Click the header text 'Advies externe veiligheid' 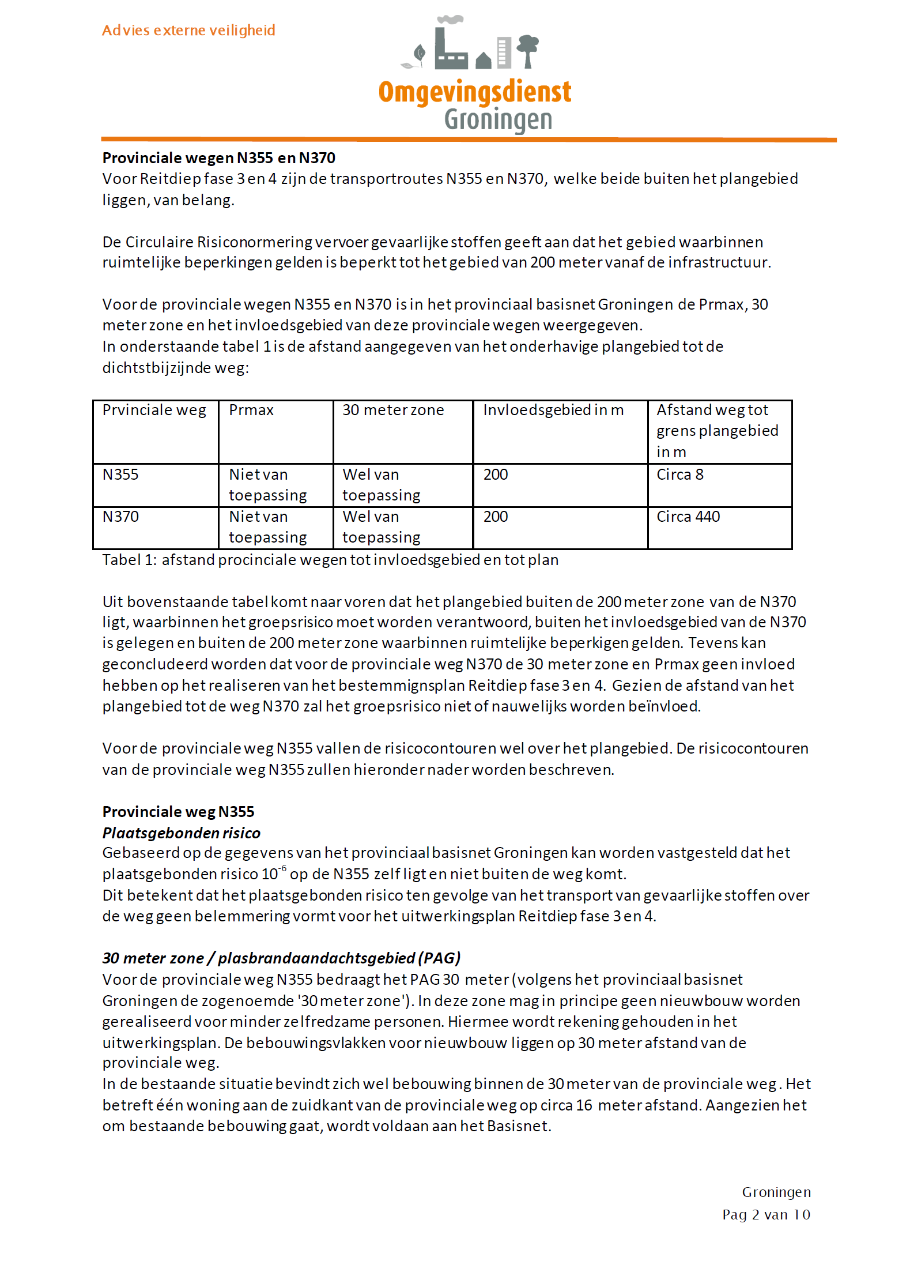[x=188, y=30]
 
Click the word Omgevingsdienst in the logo [x=474, y=92]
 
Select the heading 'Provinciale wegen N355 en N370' [x=218, y=158]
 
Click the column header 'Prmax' [x=251, y=410]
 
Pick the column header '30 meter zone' [x=393, y=410]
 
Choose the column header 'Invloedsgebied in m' [x=553, y=410]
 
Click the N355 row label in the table [x=120, y=475]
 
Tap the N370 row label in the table [x=120, y=517]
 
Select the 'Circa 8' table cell [x=680, y=475]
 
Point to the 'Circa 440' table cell [x=688, y=517]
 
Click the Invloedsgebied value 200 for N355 [x=496, y=475]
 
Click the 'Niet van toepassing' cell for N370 [x=268, y=527]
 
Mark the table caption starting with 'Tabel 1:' [x=330, y=560]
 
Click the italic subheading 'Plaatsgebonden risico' [x=182, y=833]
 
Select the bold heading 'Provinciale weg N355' [x=178, y=812]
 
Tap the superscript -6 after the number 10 [x=283, y=868]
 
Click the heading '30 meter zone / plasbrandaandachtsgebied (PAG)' [x=281, y=958]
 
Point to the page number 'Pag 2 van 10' [x=766, y=1215]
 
